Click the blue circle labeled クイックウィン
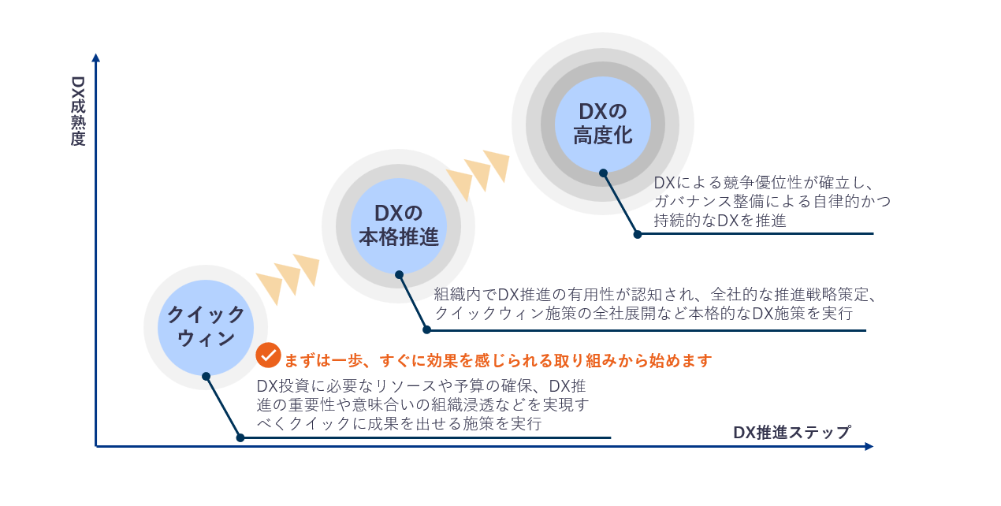point(206,327)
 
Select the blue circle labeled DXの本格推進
point(399,225)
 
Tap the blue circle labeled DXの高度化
point(603,124)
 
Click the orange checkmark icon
point(268,355)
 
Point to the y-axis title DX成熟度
point(77,111)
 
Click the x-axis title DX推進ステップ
point(791,432)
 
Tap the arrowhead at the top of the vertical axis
point(96,58)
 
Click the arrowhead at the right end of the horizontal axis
point(869,446)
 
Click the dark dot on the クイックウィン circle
point(207,376)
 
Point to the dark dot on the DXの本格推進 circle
point(399,274)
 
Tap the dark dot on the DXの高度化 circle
point(603,173)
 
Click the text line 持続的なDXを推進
point(720,221)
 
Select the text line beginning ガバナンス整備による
point(772,202)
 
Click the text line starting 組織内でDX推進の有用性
point(655,295)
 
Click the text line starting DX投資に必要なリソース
point(422,386)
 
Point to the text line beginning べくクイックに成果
point(400,424)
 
